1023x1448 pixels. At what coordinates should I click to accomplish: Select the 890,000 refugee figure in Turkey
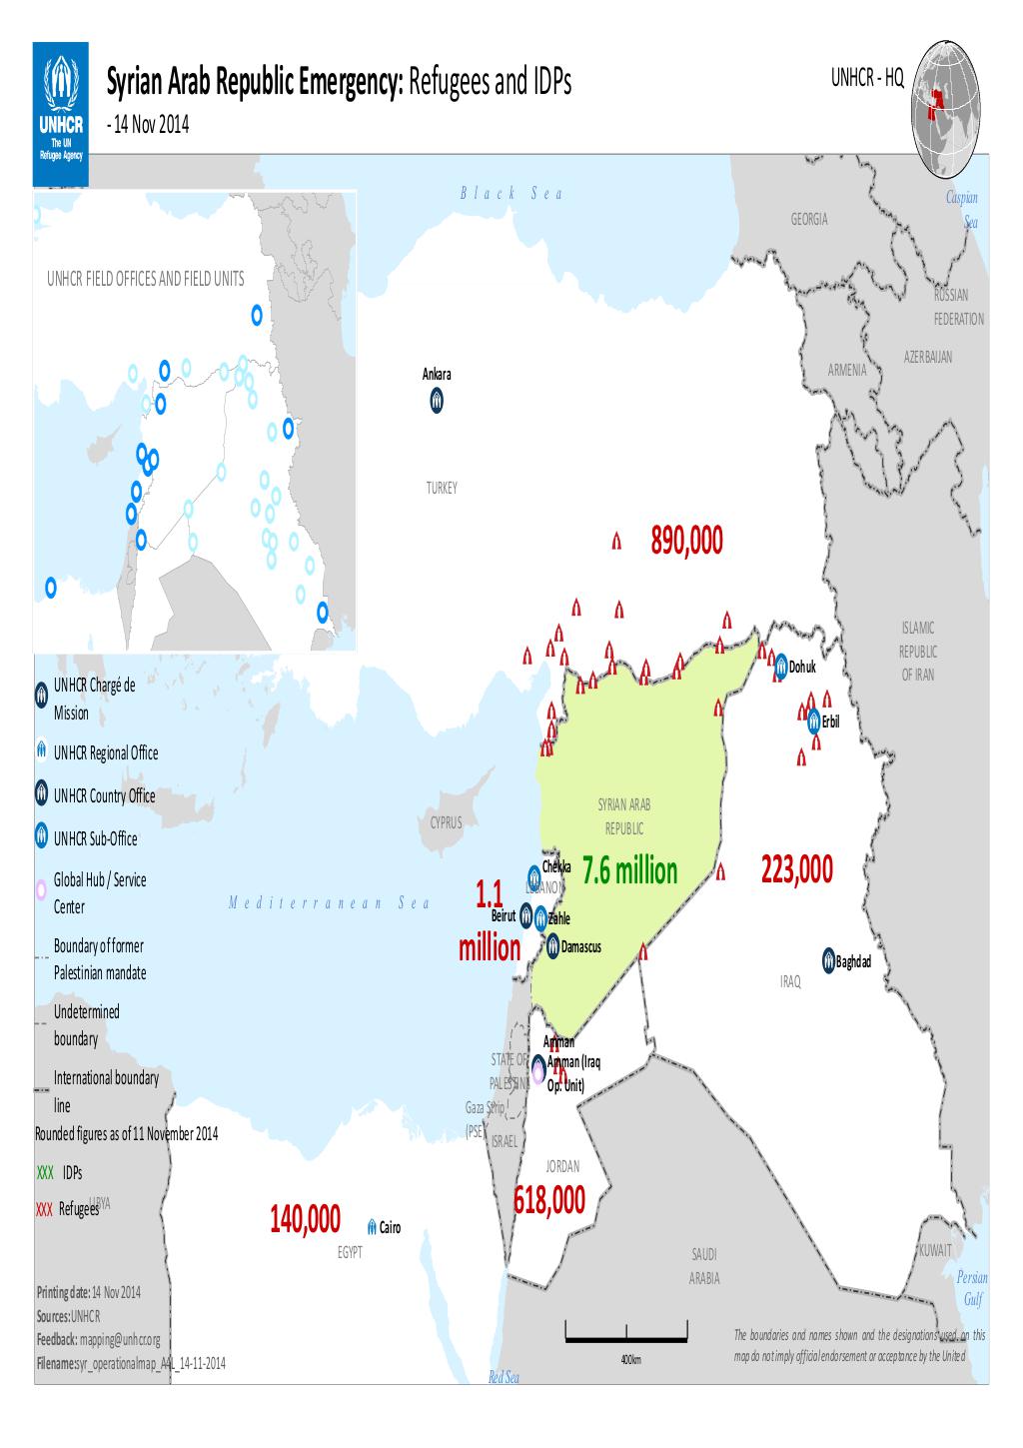685,542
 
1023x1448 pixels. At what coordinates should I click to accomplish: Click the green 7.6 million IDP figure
630,871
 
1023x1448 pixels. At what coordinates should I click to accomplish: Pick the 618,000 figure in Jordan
549,1200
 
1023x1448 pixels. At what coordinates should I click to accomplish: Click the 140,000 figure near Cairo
305,1220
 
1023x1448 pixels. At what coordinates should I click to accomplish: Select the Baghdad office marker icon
828,960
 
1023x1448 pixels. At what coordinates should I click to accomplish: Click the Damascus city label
581,946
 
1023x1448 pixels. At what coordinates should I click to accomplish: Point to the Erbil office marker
814,721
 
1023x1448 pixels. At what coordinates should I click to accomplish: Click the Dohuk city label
802,667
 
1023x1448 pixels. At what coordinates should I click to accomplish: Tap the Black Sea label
511,193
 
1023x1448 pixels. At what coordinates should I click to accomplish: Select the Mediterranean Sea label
329,903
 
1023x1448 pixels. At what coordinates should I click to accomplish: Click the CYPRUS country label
446,823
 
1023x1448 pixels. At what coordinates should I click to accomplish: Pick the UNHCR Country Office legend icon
41,794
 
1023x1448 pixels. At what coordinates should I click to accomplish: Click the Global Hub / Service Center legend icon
41,890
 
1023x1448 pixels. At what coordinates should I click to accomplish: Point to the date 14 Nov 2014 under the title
156,127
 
